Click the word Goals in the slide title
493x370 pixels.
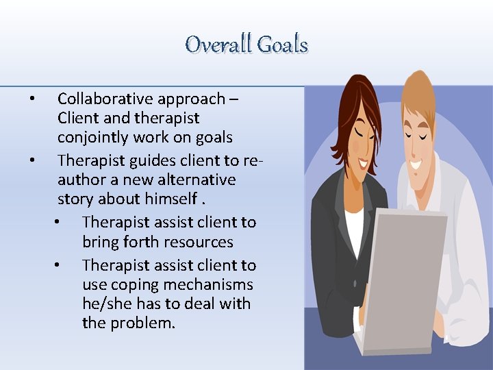(x=281, y=45)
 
